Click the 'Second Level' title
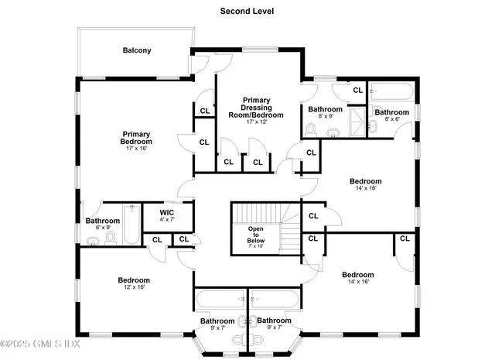247,11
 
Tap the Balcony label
137,51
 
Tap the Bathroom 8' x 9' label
325,110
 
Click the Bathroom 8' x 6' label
391,112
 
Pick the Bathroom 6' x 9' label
103,221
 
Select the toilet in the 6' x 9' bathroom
111,238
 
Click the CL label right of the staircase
314,216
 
